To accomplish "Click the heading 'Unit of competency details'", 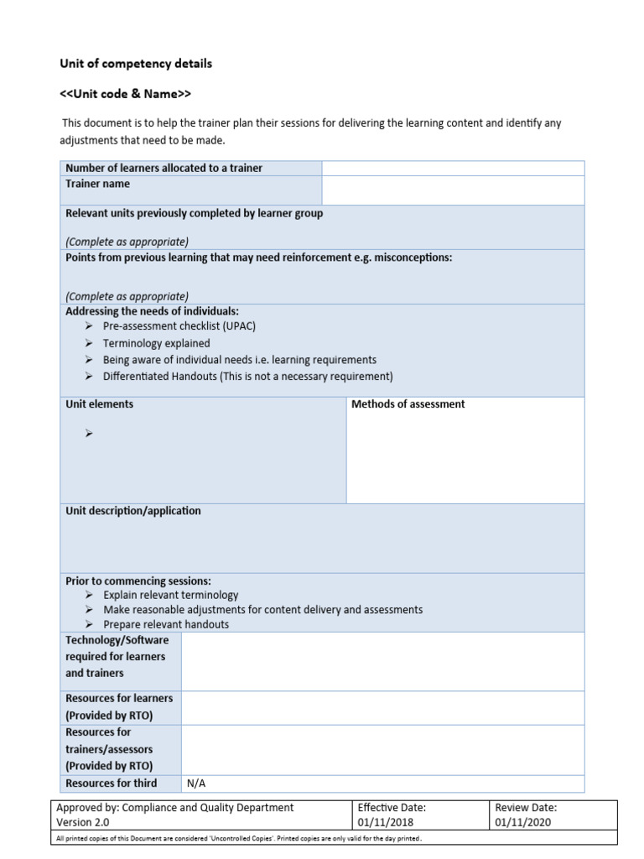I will tap(135, 64).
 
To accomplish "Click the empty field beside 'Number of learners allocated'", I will tap(453, 168).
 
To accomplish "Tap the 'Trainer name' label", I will tap(98, 184).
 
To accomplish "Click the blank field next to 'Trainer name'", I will tap(453, 190).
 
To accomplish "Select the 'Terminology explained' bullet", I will tap(156, 343).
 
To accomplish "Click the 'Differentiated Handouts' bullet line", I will tap(247, 377).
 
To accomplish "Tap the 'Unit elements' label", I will tap(99, 404).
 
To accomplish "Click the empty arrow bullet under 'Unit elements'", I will tap(89, 434).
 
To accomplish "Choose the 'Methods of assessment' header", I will tap(408, 404).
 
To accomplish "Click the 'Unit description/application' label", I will tap(133, 511).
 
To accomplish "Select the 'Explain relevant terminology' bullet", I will tap(170, 595).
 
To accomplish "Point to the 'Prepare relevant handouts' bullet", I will tap(165, 625).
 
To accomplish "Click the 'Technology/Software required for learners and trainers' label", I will tap(117, 657).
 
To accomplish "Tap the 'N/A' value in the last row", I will tap(196, 784).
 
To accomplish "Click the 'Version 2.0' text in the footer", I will tap(85, 822).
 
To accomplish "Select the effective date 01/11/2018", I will tap(386, 822).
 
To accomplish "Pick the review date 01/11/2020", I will tap(523, 822).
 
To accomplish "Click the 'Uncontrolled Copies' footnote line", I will tap(238, 838).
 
